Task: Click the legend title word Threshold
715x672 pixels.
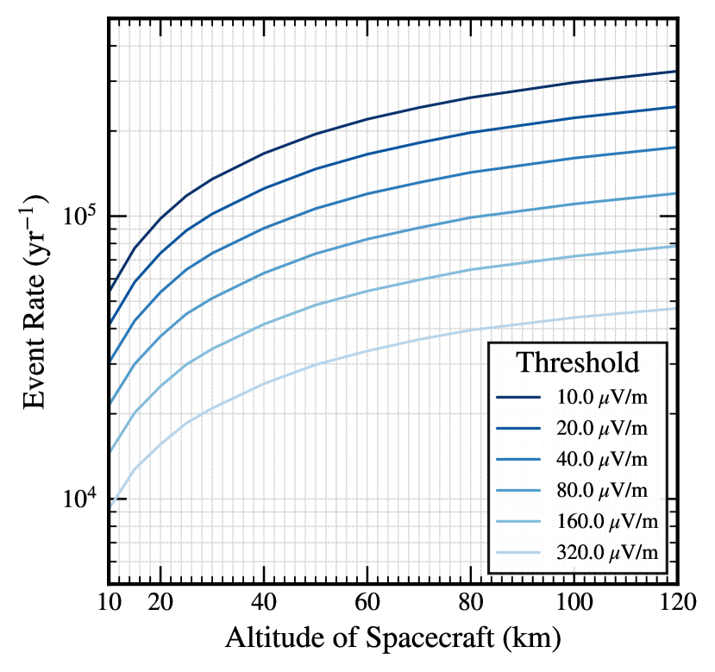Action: (577, 362)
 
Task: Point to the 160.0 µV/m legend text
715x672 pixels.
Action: (607, 522)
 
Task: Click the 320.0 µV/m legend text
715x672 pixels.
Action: (607, 553)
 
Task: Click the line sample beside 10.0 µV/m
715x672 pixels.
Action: (518, 398)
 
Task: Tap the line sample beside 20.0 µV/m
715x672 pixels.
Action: (518, 429)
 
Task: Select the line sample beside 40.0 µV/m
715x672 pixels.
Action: (518, 460)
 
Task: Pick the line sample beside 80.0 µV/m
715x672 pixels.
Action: (518, 491)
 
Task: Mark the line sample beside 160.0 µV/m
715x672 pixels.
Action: (518, 522)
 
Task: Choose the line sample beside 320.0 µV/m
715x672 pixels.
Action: (518, 553)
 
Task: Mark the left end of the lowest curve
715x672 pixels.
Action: (113, 506)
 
